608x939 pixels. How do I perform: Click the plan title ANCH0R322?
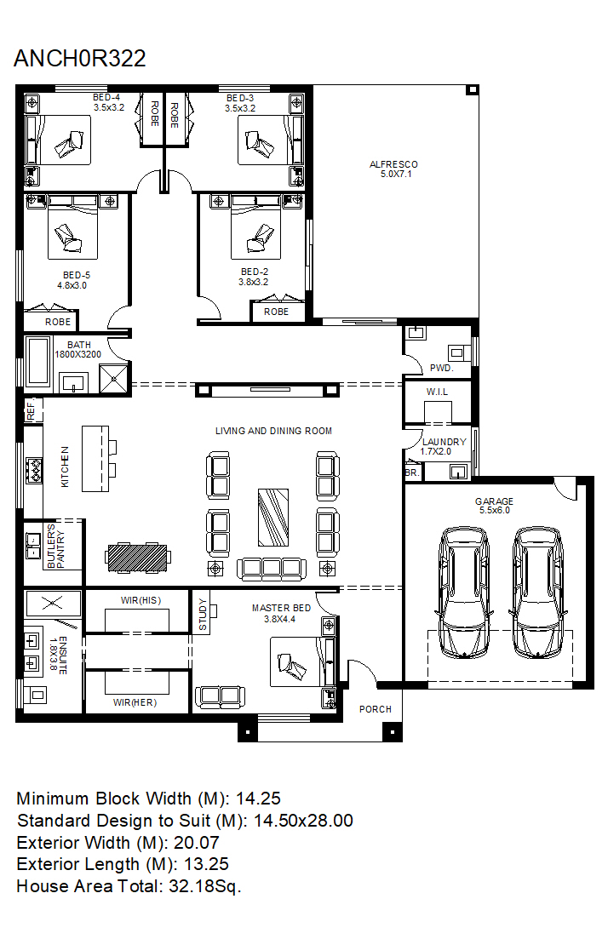point(80,58)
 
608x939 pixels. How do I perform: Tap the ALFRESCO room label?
point(393,164)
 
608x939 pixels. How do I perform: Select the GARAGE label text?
point(494,501)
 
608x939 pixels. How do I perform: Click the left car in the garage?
point(465,593)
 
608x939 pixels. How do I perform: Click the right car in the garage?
point(537,593)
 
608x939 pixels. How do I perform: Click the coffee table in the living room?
point(273,518)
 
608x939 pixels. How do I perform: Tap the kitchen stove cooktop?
point(34,470)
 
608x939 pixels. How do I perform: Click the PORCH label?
point(376,709)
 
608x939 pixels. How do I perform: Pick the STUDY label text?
point(203,615)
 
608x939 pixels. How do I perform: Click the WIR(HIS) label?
point(141,600)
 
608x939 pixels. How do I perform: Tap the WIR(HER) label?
point(135,702)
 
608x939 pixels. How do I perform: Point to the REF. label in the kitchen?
point(32,410)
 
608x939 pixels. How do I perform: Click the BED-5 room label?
point(77,276)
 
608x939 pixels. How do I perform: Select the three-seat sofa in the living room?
point(272,569)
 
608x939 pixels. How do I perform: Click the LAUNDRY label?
point(445,442)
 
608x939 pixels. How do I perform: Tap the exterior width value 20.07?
point(197,843)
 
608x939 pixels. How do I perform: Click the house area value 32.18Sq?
point(205,886)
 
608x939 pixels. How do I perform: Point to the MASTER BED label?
point(282,608)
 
